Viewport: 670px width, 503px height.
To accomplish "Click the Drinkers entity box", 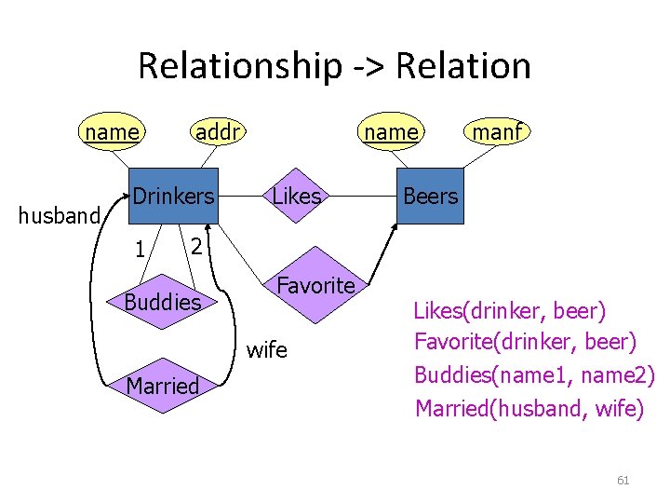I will pos(172,197).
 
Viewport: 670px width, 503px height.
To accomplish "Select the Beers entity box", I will pos(429,197).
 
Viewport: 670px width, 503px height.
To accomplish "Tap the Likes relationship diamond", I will pos(297,197).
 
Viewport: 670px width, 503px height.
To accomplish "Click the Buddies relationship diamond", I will pos(163,302).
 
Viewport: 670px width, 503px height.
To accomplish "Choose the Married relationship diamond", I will pos(163,385).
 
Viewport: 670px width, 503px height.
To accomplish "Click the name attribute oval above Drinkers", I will pos(111,132).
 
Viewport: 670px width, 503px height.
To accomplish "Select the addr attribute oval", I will pos(218,132).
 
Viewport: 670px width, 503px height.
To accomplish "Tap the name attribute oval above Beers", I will pos(391,132).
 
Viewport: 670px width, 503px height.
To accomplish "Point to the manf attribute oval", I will pos(497,132).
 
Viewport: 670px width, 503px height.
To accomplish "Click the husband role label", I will pos(60,216).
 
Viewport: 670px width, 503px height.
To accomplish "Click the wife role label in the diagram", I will pos(267,350).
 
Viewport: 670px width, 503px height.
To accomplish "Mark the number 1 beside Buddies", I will pos(138,251).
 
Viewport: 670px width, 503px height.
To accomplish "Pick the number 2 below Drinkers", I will pos(194,246).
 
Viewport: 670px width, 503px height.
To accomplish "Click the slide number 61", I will pos(623,481).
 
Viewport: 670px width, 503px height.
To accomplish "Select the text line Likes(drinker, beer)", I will pos(509,309).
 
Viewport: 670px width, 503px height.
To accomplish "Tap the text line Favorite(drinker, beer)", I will pos(526,342).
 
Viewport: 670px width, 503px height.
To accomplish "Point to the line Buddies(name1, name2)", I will pos(534,374).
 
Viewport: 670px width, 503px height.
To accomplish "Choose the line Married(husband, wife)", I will pos(529,407).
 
